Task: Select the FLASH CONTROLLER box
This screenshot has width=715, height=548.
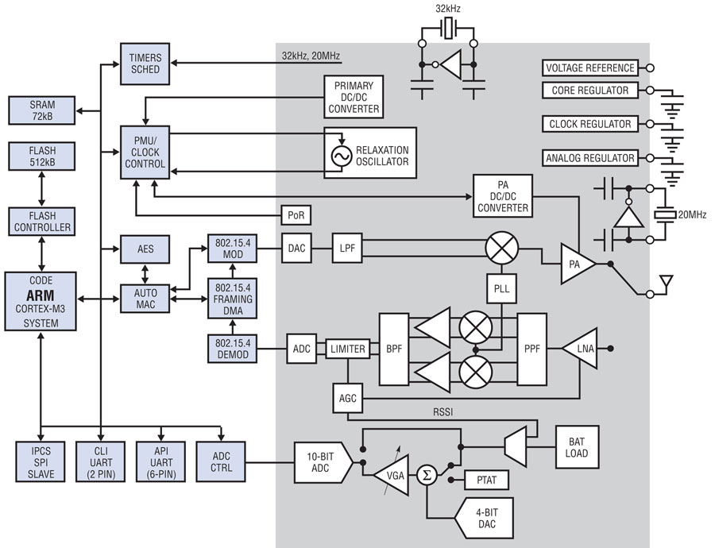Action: point(42,222)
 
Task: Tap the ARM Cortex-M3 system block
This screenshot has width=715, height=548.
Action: point(42,301)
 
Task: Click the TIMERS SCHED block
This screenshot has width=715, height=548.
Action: point(145,64)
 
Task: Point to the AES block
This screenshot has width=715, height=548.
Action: point(145,249)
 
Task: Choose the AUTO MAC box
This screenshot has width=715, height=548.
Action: point(145,298)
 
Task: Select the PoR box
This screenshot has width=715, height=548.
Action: point(295,215)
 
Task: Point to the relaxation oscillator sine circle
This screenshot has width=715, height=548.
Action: point(342,156)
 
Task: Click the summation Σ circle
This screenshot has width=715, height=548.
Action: point(427,476)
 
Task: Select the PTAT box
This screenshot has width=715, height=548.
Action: point(486,481)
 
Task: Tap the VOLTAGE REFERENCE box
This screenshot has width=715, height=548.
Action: point(590,68)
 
